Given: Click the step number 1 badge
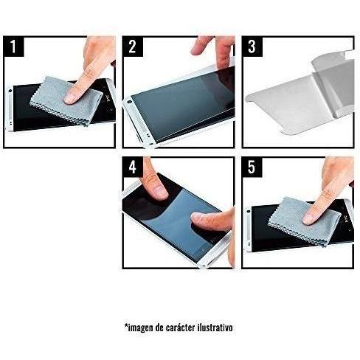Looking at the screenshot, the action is coord(14,46).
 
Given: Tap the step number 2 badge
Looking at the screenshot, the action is coord(133,46).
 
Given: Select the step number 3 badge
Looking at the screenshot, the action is coord(252,46).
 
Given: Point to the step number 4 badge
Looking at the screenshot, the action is coord(133,167).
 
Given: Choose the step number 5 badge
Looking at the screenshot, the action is coord(252,167).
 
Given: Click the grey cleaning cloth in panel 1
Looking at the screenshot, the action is coord(66,100).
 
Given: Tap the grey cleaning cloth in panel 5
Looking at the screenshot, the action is coord(305,221).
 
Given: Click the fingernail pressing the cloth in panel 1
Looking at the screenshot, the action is coord(70,98).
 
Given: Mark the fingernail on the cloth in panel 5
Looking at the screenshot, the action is coord(308,218).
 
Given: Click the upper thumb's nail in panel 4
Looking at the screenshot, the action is coord(160,192).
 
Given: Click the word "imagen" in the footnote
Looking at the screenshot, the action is coord(140,328).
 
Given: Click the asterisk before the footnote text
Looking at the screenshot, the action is coord(126,325).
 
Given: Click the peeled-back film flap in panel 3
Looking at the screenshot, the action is coord(333,83).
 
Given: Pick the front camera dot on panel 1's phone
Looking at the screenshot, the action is coord(10,91).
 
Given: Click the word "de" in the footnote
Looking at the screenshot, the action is coord(159,328).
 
